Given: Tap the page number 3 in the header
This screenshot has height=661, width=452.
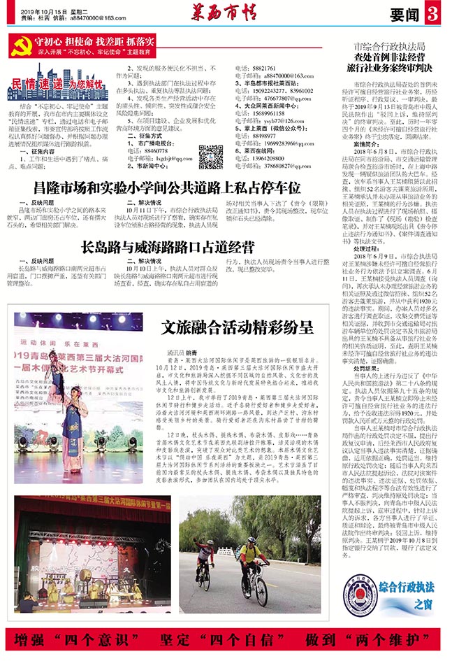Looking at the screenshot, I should pyautogui.click(x=431, y=14).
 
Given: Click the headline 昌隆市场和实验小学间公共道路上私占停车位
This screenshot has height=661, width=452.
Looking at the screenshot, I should pyautogui.click(x=168, y=187).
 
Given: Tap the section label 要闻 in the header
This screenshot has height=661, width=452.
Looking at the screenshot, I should pyautogui.click(x=403, y=15).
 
